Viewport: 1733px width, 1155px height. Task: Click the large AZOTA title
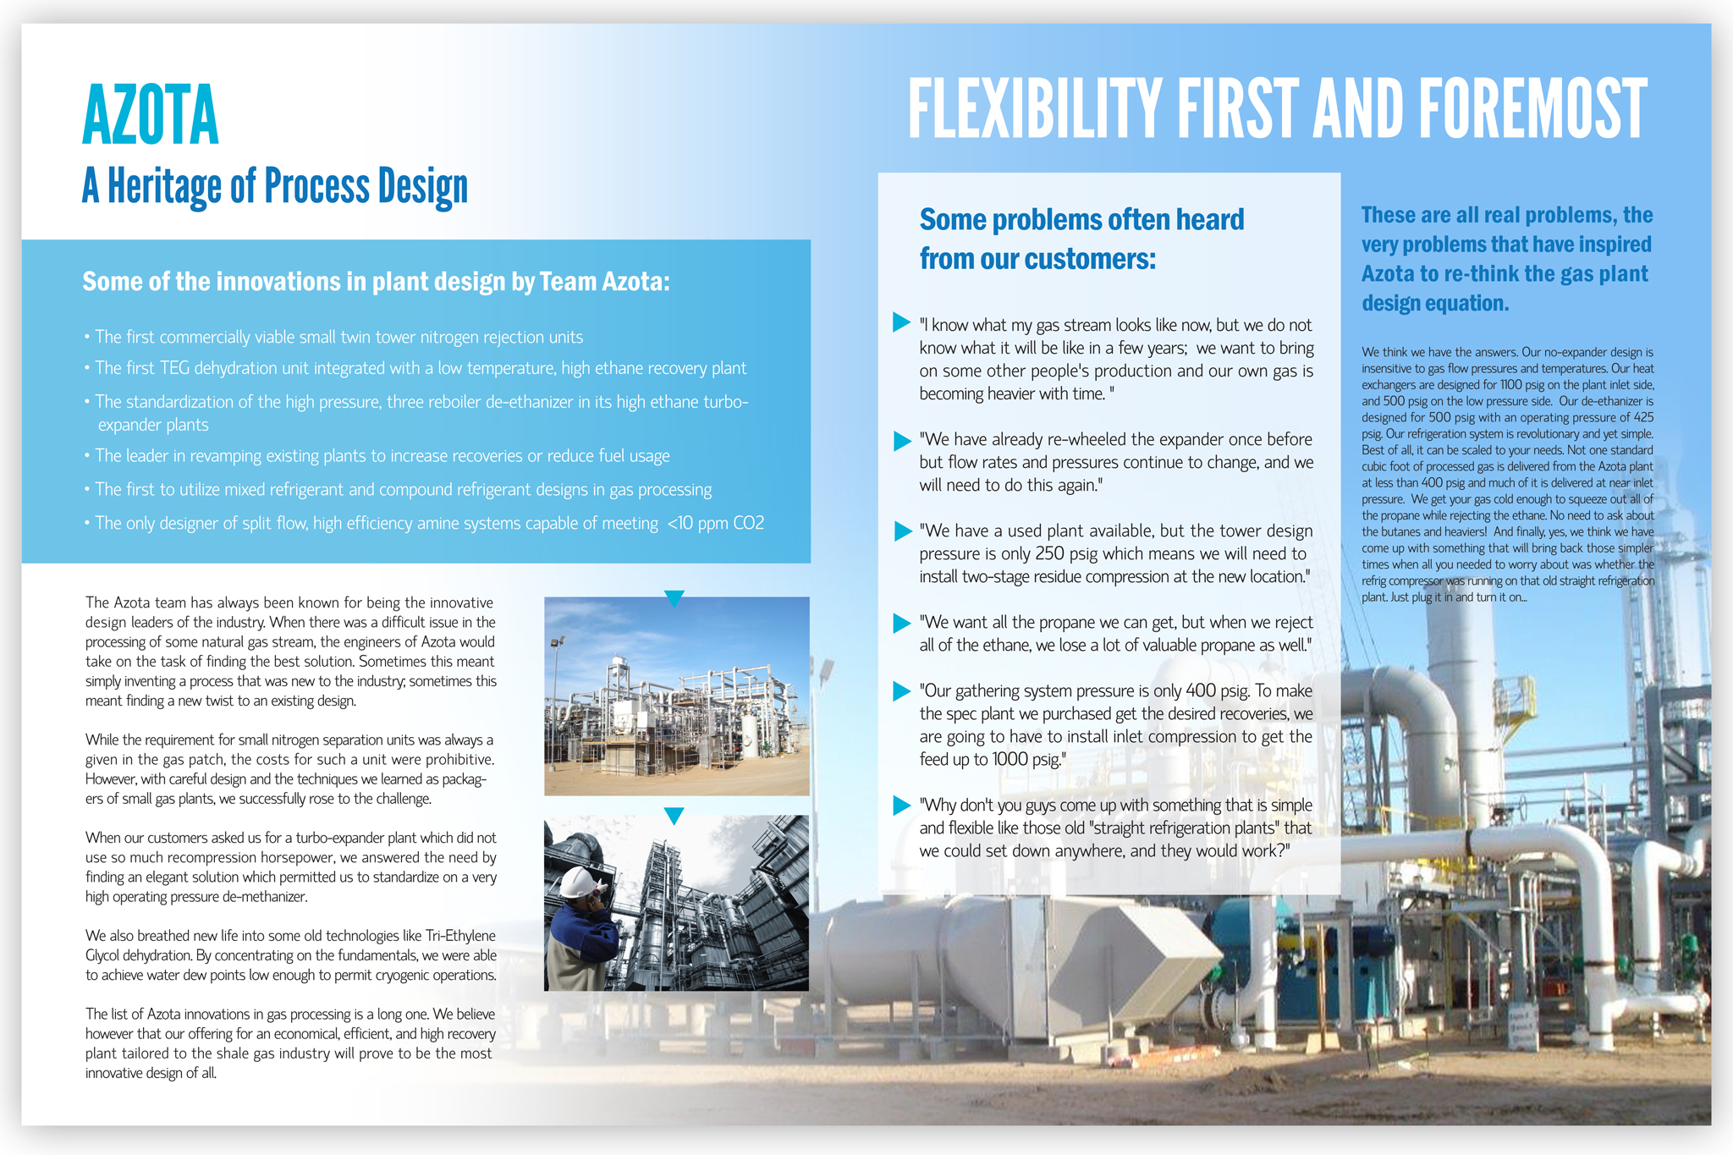coord(151,115)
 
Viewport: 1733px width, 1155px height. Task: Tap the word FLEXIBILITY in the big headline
coord(1034,109)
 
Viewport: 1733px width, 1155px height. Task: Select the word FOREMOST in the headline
coord(1532,109)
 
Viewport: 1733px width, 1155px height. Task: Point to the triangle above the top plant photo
coord(674,598)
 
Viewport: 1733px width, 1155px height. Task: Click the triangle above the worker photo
coord(674,816)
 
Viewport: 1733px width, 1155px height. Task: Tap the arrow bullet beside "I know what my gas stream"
coord(901,322)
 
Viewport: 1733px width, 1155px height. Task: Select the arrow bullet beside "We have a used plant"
coord(902,531)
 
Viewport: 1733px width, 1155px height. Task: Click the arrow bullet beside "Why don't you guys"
coord(902,805)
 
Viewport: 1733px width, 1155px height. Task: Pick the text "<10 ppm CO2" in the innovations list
coord(716,524)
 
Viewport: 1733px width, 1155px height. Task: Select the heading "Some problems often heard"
coord(1081,220)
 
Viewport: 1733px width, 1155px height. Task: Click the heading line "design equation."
coord(1435,303)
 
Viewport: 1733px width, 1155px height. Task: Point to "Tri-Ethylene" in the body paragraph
coord(460,936)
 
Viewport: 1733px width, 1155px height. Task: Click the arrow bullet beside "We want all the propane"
coord(902,623)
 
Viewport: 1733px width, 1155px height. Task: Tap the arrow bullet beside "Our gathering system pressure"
coord(902,691)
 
